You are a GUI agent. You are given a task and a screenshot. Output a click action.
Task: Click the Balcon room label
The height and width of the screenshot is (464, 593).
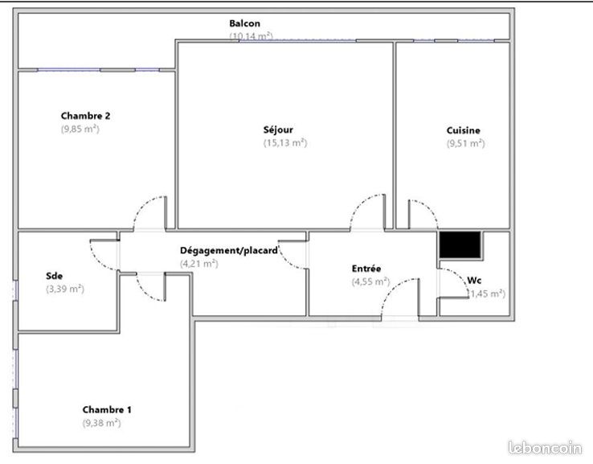point(245,23)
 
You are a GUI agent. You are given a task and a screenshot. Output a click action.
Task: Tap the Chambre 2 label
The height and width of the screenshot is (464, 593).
point(85,116)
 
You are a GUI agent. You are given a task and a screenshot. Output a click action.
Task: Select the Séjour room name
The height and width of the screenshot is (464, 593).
point(278,129)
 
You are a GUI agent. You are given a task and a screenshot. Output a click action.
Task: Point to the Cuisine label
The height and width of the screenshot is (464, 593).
point(464,130)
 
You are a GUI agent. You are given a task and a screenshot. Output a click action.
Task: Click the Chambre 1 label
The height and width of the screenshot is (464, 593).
point(107,409)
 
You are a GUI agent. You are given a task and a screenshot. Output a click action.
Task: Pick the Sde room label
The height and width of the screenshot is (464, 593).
point(54,276)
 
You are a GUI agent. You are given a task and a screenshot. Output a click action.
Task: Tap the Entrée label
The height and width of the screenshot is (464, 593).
point(366,269)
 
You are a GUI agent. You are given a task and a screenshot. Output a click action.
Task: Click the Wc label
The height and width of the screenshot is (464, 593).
point(474,281)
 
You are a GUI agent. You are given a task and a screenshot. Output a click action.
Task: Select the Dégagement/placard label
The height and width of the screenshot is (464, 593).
point(229,251)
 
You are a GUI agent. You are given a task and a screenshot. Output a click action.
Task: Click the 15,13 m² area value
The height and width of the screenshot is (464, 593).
point(285,143)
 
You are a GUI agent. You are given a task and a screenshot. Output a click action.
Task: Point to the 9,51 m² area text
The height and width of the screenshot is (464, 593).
point(465,143)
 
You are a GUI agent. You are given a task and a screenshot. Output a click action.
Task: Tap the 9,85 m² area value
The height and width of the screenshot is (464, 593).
point(80,129)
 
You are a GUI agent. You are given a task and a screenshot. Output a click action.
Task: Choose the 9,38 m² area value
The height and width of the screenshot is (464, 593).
point(102,423)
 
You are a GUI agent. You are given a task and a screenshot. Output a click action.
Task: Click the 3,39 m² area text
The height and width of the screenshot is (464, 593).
point(65,289)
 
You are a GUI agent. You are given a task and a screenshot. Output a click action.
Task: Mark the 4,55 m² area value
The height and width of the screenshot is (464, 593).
point(370,282)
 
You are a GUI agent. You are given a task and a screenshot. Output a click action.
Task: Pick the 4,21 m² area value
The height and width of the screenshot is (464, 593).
point(199,264)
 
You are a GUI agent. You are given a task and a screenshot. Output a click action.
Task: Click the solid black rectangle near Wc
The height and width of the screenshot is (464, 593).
point(460,245)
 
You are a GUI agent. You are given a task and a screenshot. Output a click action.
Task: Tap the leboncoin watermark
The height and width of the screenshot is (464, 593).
point(545,448)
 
